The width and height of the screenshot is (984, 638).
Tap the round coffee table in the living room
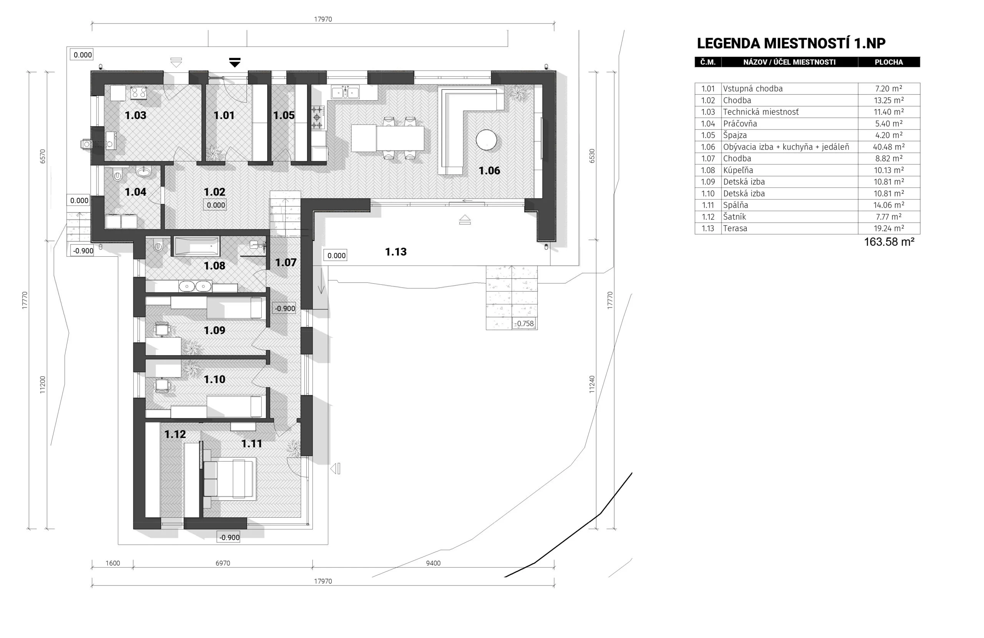pyautogui.click(x=486, y=140)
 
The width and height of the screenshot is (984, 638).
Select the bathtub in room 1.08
pyautogui.click(x=197, y=246)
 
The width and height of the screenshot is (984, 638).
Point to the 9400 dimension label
pyautogui.click(x=433, y=563)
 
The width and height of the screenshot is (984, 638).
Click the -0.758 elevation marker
pyautogui.click(x=524, y=323)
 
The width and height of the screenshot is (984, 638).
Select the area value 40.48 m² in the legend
pyautogui.click(x=889, y=147)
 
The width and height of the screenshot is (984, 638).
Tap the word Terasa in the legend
pyautogui.click(x=735, y=228)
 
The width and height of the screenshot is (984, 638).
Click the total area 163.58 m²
pyautogui.click(x=889, y=242)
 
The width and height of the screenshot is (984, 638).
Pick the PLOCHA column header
pyautogui.click(x=889, y=62)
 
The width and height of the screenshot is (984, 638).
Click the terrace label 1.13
pyautogui.click(x=396, y=252)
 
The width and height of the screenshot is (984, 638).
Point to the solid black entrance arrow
pyautogui.click(x=234, y=62)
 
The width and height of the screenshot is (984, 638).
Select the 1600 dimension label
pyautogui.click(x=113, y=563)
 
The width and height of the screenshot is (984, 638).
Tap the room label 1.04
pyautogui.click(x=135, y=192)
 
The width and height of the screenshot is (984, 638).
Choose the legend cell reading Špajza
pyautogui.click(x=735, y=135)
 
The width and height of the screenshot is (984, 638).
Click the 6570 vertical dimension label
pyautogui.click(x=43, y=156)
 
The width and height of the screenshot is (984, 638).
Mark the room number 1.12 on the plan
pyautogui.click(x=175, y=434)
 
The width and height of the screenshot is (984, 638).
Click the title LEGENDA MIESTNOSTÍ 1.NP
pyautogui.click(x=791, y=43)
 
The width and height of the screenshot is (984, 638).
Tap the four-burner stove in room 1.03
pyautogui.click(x=138, y=93)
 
